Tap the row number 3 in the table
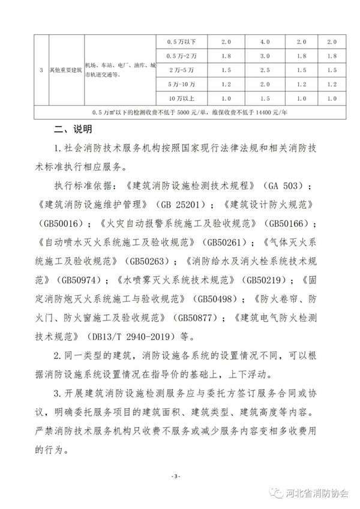coord(41,70)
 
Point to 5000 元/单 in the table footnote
coord(170,112)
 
